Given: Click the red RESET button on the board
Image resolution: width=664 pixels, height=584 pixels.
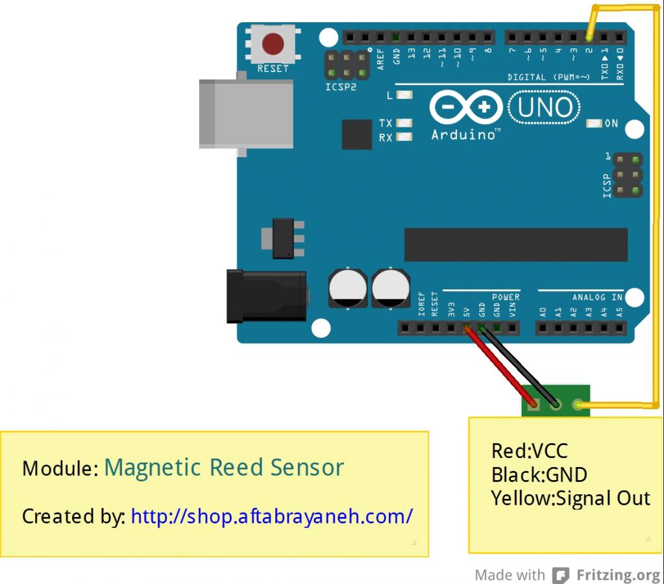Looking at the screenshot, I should (273, 45).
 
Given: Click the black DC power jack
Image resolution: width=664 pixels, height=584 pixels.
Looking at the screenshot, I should (265, 296).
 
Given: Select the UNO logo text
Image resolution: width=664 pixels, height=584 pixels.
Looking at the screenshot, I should (545, 107).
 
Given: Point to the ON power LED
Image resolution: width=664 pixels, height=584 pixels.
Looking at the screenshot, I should (594, 123).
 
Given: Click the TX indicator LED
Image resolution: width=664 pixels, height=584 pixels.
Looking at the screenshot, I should (404, 123).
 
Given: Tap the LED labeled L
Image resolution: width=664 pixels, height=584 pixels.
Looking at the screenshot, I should (404, 95).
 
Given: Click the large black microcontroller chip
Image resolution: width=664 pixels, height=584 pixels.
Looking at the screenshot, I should (516, 244).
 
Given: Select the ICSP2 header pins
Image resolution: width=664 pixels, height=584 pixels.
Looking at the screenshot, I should (347, 64).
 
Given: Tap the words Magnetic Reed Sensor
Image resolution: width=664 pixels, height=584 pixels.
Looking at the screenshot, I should (223, 467).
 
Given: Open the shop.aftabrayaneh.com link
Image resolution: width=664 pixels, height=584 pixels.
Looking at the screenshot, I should (271, 516).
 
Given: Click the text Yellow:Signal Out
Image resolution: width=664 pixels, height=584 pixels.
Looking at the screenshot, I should (571, 498).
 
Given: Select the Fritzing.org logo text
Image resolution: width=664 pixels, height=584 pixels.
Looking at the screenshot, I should (616, 575).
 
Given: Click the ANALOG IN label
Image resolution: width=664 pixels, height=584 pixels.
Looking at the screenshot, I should (597, 297).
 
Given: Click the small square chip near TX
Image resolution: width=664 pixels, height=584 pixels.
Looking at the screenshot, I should (356, 134).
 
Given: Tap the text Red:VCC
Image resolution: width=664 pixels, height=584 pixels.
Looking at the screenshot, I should (530, 450).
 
